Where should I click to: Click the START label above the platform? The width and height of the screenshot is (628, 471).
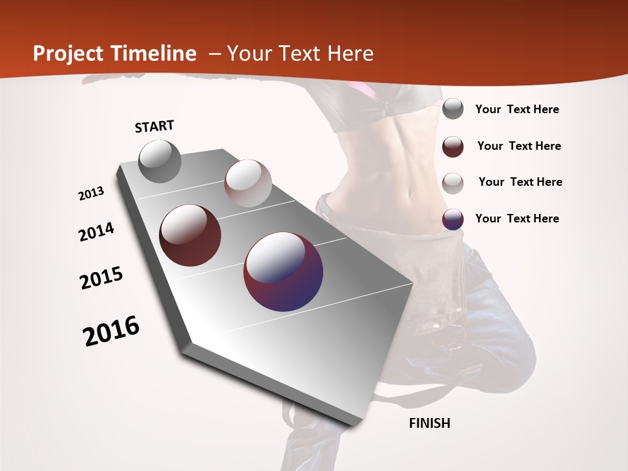[154, 126]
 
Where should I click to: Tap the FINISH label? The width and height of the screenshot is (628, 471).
[429, 423]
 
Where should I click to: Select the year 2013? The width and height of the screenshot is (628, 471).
[92, 194]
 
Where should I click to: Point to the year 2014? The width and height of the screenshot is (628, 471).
[97, 232]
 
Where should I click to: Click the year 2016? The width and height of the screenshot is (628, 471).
[111, 330]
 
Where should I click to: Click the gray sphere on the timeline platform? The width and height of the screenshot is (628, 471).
[160, 161]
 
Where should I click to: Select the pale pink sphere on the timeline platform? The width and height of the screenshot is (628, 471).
[248, 183]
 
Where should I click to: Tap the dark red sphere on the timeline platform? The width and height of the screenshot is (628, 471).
[190, 235]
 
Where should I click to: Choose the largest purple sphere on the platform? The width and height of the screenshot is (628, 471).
[283, 271]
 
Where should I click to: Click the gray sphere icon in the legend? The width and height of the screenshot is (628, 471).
[453, 109]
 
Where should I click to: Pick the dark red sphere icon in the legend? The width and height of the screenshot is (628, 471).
[453, 146]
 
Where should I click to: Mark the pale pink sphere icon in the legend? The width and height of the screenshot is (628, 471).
[453, 183]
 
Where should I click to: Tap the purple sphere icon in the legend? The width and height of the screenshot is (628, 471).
[453, 218]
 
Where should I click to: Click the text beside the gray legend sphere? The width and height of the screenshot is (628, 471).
[517, 109]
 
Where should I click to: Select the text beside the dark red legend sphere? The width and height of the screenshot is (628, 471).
[519, 146]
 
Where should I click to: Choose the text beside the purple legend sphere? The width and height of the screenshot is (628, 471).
[517, 218]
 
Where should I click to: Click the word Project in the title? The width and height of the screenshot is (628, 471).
[67, 54]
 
